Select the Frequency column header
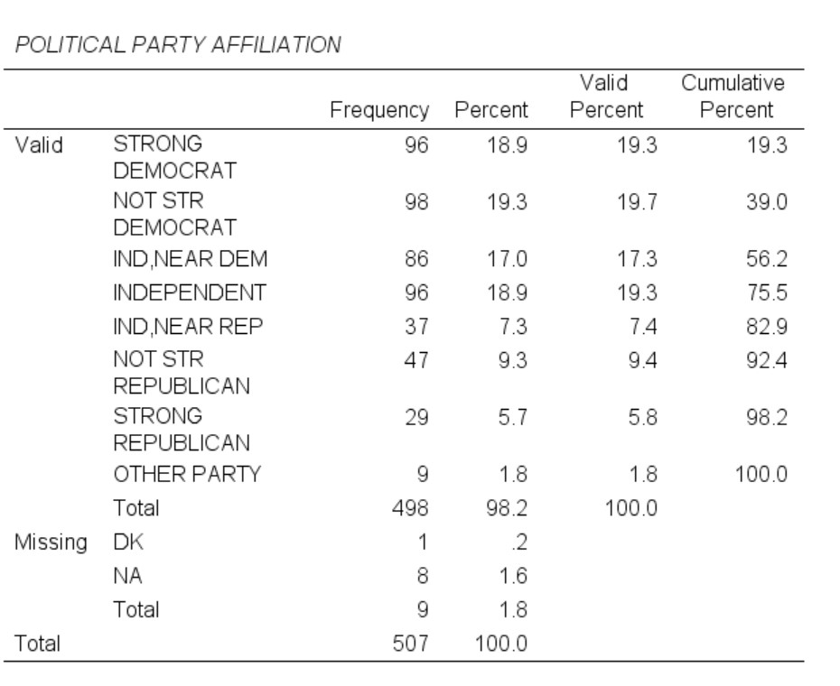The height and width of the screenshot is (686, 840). (x=379, y=111)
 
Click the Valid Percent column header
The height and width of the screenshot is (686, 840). (x=605, y=97)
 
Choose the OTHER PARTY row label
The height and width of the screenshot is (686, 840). (x=186, y=475)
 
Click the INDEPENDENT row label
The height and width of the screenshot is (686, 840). (x=190, y=292)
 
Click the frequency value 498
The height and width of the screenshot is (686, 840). (x=411, y=509)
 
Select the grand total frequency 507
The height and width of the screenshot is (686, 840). (x=411, y=644)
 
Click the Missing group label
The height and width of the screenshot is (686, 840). (x=51, y=542)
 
